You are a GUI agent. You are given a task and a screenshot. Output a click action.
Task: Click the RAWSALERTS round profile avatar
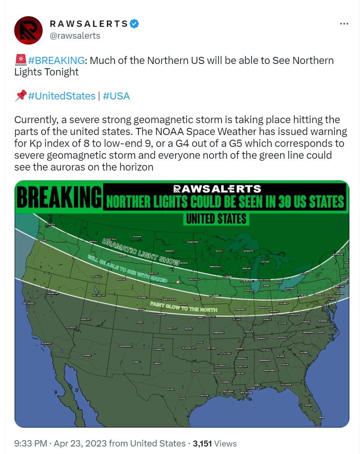click(x=28, y=30)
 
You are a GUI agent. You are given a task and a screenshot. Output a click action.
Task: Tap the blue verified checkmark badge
click(x=134, y=24)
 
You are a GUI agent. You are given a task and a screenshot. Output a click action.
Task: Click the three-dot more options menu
click(x=344, y=24)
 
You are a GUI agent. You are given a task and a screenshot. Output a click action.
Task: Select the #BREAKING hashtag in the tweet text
click(x=56, y=60)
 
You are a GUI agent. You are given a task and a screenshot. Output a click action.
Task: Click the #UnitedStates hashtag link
click(x=62, y=96)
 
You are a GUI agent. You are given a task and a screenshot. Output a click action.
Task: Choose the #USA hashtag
click(x=116, y=96)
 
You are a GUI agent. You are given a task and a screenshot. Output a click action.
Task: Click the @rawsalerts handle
click(x=75, y=36)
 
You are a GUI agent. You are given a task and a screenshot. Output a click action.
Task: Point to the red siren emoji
click(x=20, y=60)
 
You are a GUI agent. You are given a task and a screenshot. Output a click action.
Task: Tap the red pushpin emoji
click(x=20, y=96)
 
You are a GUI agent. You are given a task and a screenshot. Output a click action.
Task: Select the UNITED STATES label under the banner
click(x=216, y=218)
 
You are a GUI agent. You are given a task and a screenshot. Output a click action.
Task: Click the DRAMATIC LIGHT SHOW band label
click(x=141, y=252)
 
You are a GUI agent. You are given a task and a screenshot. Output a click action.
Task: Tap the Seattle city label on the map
click(x=52, y=224)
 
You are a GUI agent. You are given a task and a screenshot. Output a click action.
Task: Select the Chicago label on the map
click(x=249, y=291)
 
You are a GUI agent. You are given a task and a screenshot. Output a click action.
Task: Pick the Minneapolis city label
click(x=215, y=266)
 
